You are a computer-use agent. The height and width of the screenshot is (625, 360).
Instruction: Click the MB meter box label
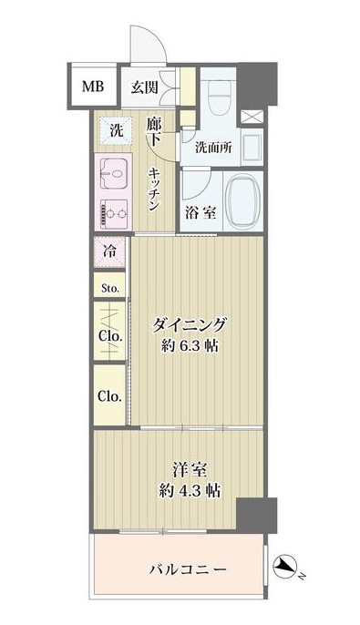coord(94,87)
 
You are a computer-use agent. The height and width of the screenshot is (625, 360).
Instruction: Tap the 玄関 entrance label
coord(144,87)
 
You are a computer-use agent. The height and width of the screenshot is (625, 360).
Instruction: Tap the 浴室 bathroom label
coord(201,213)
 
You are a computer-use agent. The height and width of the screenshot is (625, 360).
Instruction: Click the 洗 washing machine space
coord(116,129)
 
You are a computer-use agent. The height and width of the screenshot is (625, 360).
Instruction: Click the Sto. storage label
coord(110,290)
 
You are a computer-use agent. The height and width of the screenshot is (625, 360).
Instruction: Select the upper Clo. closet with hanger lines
coord(110,333)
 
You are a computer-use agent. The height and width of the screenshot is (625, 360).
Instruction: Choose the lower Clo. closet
coord(110,396)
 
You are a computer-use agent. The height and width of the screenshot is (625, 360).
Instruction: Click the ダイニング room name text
coord(189,323)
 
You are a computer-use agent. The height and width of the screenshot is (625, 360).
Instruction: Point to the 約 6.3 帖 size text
coord(189,347)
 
